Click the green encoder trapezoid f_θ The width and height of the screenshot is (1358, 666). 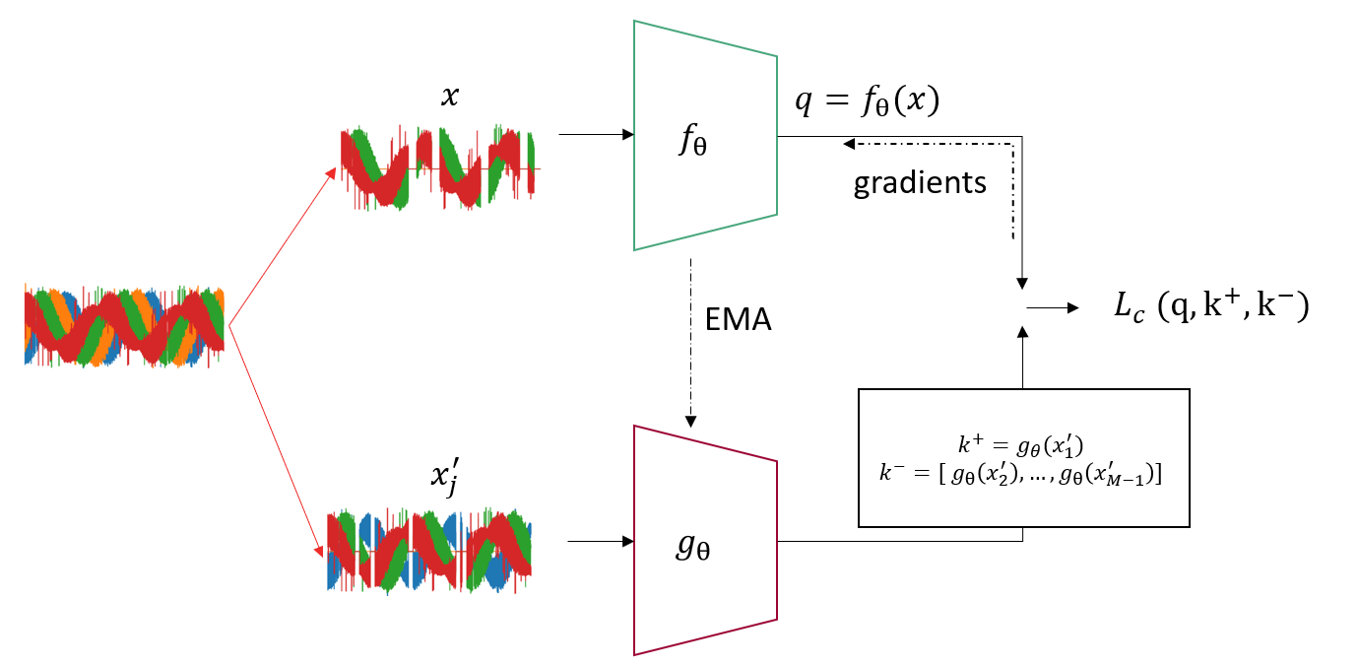pyautogui.click(x=705, y=135)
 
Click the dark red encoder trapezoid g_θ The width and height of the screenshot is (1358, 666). pyautogui.click(x=705, y=540)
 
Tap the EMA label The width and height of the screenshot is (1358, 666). pyautogui.click(x=738, y=320)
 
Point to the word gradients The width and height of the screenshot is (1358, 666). pyautogui.click(x=920, y=183)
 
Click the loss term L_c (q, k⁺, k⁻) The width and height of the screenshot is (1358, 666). pyautogui.click(x=1209, y=308)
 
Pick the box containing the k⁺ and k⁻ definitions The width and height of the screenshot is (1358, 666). pyautogui.click(x=1024, y=457)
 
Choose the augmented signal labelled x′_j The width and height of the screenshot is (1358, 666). pyautogui.click(x=430, y=551)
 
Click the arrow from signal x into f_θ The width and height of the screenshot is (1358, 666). pyautogui.click(x=596, y=135)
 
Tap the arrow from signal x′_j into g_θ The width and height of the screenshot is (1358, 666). pyautogui.click(x=600, y=540)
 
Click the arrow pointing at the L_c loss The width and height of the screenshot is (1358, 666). pyautogui.click(x=1053, y=307)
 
